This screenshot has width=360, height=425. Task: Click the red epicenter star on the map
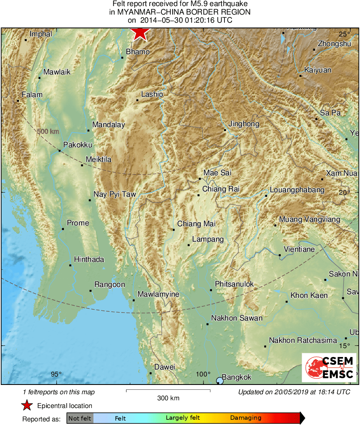(140, 32)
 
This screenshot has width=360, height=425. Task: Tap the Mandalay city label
(108, 125)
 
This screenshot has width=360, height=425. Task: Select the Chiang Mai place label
(196, 224)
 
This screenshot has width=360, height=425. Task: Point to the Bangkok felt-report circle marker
(220, 380)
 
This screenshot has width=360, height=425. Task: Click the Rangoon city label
(110, 285)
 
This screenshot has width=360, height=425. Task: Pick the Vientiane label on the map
(299, 249)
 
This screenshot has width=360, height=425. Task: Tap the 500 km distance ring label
(48, 132)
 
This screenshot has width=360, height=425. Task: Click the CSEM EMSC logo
(329, 368)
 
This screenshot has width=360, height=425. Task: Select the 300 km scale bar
(168, 391)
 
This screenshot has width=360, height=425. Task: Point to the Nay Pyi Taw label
(115, 194)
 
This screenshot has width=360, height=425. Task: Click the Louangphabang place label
(297, 190)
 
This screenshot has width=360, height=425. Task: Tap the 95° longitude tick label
(56, 374)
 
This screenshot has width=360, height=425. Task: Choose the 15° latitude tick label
(344, 346)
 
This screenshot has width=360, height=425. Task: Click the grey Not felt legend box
(80, 418)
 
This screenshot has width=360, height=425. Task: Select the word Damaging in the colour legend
(246, 418)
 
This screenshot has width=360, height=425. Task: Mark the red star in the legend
(27, 406)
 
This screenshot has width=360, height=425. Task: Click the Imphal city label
(40, 34)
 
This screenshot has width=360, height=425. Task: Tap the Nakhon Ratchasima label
(303, 340)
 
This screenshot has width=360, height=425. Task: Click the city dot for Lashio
(137, 100)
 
